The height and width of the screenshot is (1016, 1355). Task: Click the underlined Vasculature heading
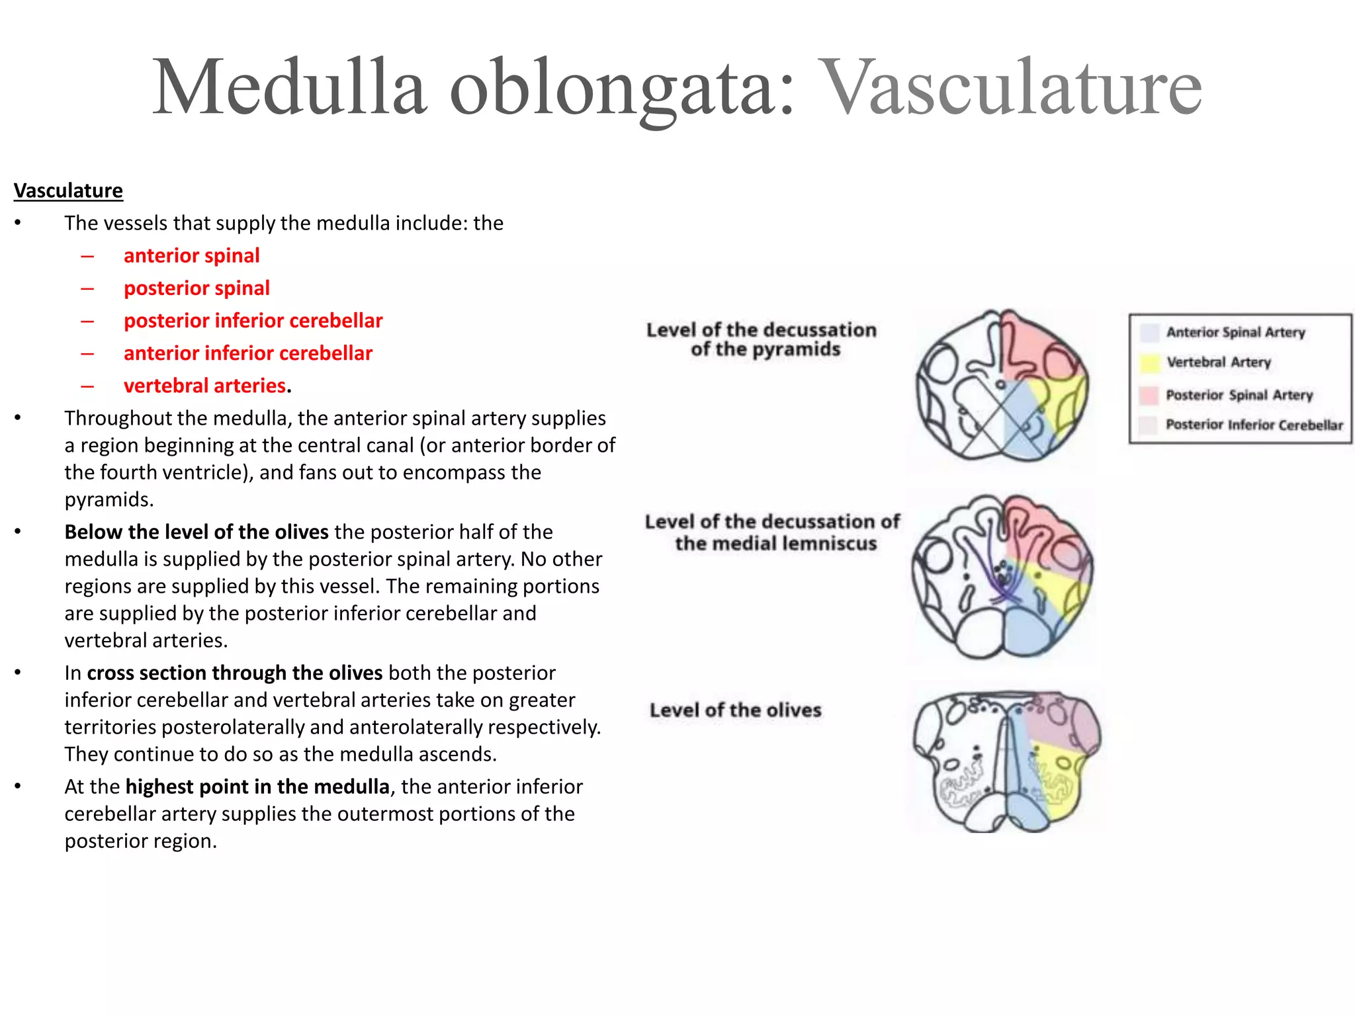68,190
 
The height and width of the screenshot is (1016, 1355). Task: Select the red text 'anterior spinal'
191,255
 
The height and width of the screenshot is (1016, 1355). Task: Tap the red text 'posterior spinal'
197,288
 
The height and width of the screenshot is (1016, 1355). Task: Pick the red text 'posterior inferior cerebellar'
253,320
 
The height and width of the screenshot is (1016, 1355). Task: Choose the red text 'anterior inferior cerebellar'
247,353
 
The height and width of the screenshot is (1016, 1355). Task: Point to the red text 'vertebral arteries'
204,385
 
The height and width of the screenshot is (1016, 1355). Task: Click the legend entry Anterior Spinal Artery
1235,332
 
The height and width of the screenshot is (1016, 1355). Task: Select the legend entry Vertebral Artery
1218,362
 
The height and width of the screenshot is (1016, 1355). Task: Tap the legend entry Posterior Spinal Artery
1239,395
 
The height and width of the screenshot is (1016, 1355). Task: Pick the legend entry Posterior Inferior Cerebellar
1254,425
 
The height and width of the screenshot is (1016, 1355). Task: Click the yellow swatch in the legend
1150,362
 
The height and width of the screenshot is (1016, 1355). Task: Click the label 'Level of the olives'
735,710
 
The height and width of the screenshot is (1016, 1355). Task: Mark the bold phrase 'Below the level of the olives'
196,532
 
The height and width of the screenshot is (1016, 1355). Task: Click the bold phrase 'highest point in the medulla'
257,786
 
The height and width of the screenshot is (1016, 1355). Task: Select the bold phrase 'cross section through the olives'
234,673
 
